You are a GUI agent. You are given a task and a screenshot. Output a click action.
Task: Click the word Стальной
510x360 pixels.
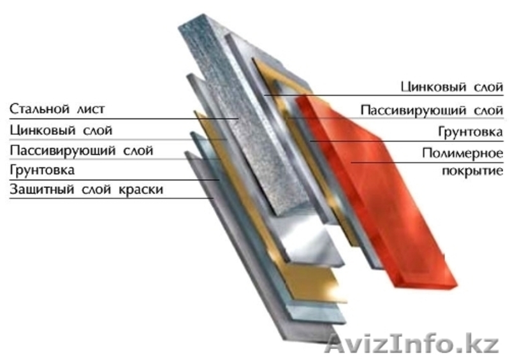click(39, 108)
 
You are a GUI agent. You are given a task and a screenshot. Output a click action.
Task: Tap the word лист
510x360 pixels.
click(91, 109)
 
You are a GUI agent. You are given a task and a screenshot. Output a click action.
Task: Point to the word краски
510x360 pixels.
click(140, 189)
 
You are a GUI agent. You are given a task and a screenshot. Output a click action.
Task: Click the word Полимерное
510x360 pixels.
click(463, 153)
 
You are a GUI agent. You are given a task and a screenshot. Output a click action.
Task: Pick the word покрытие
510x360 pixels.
click(472, 170)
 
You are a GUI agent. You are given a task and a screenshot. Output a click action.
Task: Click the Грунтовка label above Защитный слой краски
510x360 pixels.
click(42, 169)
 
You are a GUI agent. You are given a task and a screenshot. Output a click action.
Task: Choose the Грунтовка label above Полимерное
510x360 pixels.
click(470, 132)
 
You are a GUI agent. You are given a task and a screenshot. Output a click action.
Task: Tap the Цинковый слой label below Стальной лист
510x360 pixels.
click(61, 130)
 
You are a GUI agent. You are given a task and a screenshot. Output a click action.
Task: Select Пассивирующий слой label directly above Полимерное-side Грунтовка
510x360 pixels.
click(432, 111)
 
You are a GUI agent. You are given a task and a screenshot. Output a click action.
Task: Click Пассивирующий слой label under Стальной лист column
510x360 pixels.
click(82, 150)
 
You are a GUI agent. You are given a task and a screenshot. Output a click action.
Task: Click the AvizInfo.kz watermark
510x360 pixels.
click(411, 343)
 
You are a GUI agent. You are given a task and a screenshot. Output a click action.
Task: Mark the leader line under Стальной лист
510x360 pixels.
click(124, 119)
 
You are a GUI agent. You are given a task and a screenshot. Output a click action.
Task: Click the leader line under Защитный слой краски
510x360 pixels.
click(111, 198)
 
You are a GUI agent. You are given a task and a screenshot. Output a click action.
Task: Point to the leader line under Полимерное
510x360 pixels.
click(427, 162)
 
